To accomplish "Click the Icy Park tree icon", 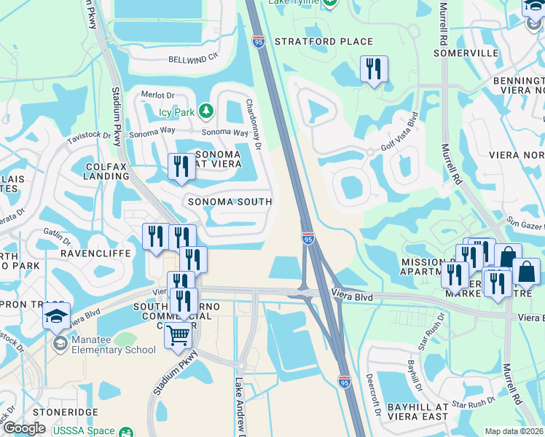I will [207, 111].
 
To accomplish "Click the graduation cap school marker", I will [56, 317].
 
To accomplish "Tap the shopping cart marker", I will [179, 336].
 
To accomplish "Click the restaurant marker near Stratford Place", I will [374, 70].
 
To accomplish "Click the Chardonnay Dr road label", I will [254, 125].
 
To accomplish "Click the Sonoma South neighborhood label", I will [230, 202].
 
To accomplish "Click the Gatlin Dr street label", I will [56, 237].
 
